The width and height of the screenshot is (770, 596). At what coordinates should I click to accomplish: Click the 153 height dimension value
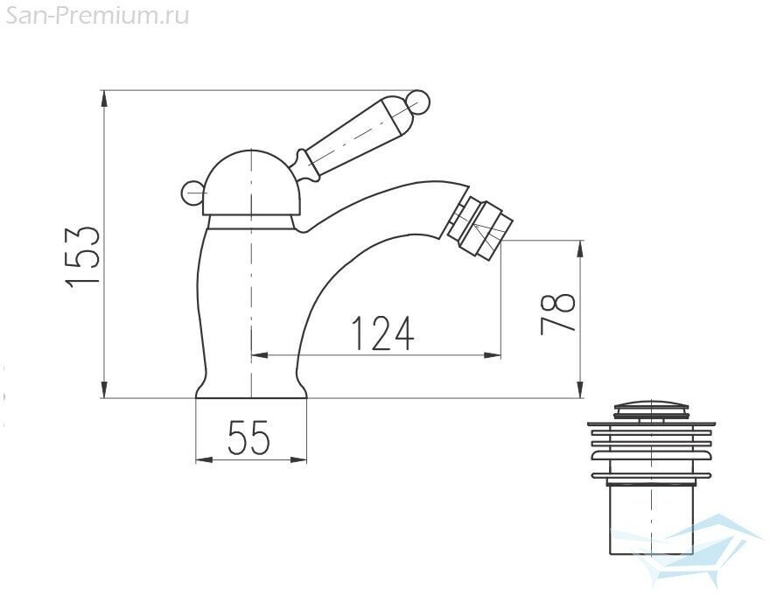[x=83, y=255]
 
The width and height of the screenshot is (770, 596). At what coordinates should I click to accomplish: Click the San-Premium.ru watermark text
[x=94, y=15]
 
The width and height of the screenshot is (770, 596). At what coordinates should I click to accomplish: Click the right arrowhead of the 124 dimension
[x=495, y=354]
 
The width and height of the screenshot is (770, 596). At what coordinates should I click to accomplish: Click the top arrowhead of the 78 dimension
[x=580, y=249]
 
